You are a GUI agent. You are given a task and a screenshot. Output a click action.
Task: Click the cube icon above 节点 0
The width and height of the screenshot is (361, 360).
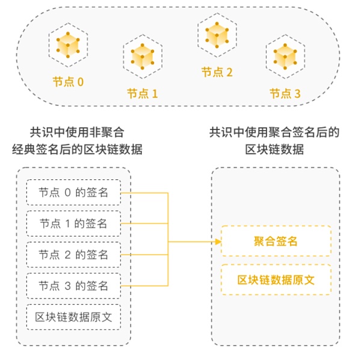(x=68, y=45)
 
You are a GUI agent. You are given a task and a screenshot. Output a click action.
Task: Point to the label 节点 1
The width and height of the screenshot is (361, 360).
(x=142, y=93)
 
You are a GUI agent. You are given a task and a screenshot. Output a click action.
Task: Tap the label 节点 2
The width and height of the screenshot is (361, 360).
(x=217, y=72)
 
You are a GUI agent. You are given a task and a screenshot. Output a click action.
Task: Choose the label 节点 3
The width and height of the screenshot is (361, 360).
(x=285, y=93)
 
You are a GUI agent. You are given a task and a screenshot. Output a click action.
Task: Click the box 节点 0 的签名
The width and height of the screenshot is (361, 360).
(x=73, y=193)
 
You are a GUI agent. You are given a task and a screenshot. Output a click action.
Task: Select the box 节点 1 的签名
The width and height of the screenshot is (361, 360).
(x=73, y=224)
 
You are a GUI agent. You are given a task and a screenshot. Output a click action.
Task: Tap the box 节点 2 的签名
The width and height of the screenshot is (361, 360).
(x=73, y=255)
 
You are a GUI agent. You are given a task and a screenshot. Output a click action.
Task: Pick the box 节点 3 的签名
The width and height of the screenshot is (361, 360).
(x=73, y=285)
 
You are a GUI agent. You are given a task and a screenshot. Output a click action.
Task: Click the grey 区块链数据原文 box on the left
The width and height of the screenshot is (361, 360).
(x=73, y=317)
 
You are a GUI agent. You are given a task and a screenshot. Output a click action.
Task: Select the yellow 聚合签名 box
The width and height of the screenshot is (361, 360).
(x=276, y=241)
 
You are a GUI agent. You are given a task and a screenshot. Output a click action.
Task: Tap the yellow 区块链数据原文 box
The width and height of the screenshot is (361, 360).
(x=276, y=280)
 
